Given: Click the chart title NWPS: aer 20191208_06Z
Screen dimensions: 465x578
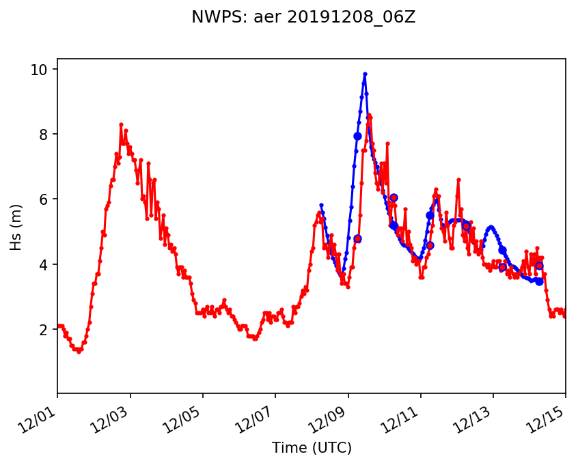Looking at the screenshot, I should point(303,18).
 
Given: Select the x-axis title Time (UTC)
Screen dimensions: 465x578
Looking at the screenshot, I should point(312,448).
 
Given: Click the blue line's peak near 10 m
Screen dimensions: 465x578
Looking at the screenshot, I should point(365,74).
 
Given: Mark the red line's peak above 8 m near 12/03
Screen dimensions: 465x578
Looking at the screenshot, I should point(121,124).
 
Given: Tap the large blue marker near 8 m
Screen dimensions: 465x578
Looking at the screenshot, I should point(357,136).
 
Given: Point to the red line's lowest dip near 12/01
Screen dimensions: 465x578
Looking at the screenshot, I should point(79,351).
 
